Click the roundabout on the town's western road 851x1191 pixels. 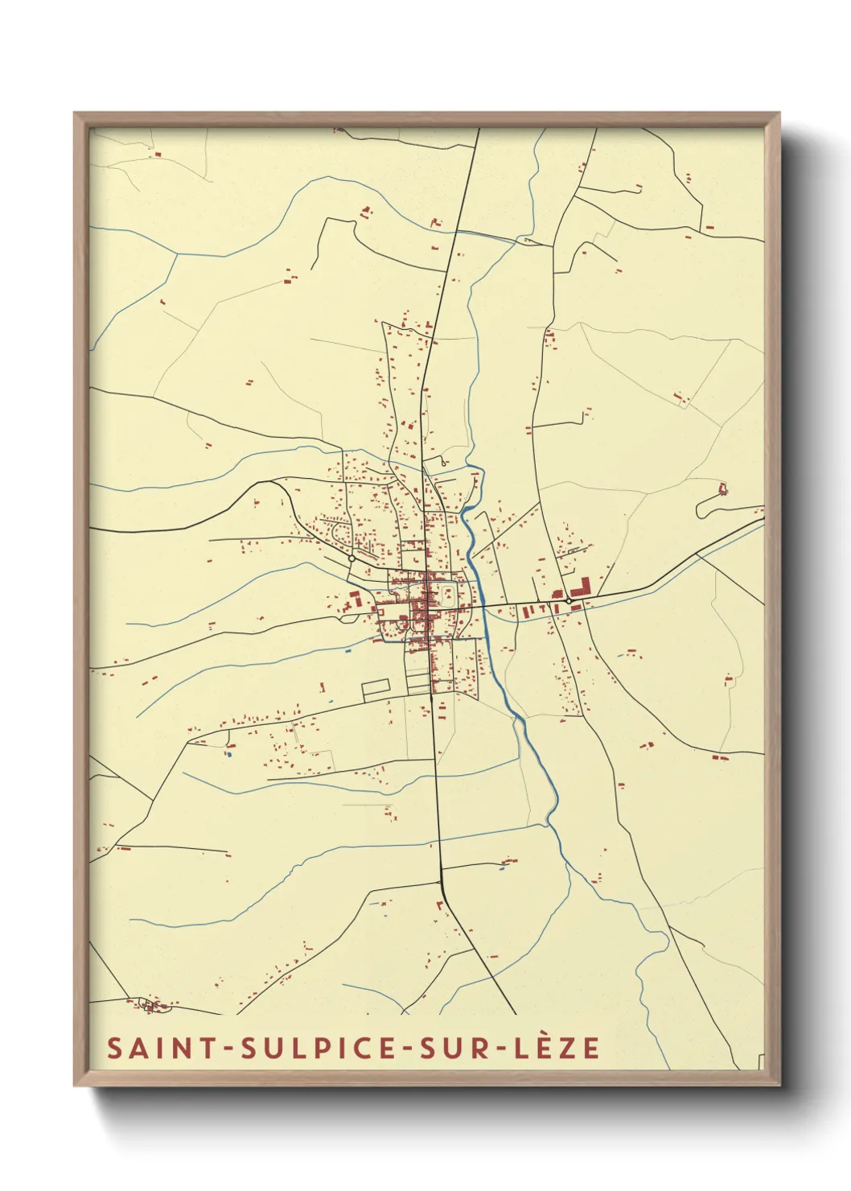click(x=351, y=558)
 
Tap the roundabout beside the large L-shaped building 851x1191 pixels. click(x=568, y=600)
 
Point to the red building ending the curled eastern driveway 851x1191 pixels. click(x=722, y=488)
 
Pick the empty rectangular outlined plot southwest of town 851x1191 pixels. click(x=376, y=689)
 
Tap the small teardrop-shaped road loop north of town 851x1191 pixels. click(x=442, y=462)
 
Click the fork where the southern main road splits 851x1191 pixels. click(x=442, y=882)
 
